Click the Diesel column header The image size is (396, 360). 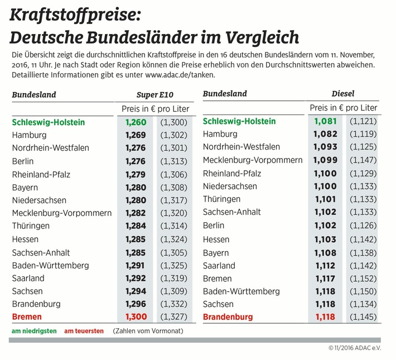click(x=342, y=94)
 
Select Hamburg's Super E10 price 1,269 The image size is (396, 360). click(x=136, y=135)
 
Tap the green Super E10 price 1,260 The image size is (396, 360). click(x=136, y=122)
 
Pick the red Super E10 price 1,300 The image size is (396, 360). click(x=136, y=317)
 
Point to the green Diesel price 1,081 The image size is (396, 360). click(x=325, y=121)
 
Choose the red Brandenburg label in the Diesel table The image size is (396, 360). click(x=228, y=317)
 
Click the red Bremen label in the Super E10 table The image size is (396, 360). click(x=27, y=317)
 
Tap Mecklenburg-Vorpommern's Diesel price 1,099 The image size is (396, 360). click(x=325, y=160)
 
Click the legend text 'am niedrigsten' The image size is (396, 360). click(x=34, y=331)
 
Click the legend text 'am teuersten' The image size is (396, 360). click(x=84, y=331)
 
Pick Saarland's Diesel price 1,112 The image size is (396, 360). click(x=325, y=265)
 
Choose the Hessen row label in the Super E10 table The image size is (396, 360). click(x=26, y=239)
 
